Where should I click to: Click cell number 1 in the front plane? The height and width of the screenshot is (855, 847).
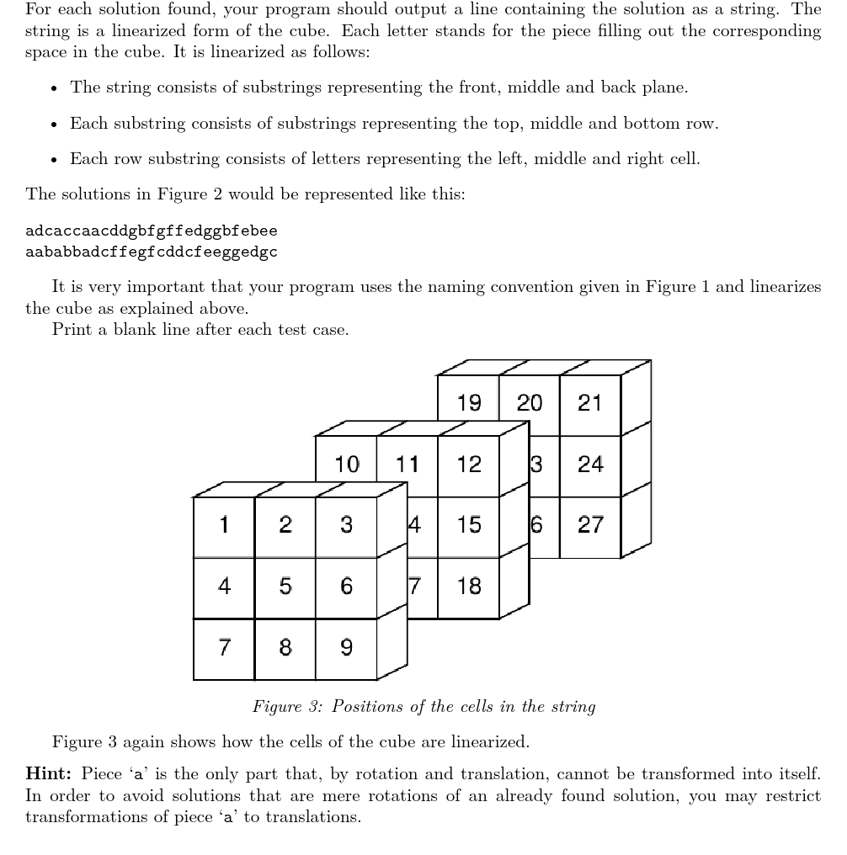(224, 525)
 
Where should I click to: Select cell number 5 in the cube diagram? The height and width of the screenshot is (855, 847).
(285, 587)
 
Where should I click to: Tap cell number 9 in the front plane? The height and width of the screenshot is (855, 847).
(346, 648)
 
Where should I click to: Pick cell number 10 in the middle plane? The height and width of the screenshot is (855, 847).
(347, 464)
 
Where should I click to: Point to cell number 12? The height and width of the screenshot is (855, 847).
(469, 464)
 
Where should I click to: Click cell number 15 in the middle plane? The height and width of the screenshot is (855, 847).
(469, 525)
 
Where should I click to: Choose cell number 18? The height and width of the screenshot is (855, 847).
(469, 587)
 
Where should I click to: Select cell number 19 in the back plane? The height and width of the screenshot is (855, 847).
(469, 403)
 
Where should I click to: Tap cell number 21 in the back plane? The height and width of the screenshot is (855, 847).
(590, 403)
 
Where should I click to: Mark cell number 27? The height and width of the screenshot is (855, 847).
(590, 525)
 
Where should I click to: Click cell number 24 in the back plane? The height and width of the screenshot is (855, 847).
(590, 464)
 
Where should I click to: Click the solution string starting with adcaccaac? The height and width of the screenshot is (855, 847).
(152, 231)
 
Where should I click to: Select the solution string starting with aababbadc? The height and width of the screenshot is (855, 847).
(152, 252)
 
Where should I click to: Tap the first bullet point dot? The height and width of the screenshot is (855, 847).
(54, 88)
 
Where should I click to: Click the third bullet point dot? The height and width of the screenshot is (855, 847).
(54, 160)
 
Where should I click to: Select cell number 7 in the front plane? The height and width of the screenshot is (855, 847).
(224, 648)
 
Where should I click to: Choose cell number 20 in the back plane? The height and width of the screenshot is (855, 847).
(530, 403)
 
